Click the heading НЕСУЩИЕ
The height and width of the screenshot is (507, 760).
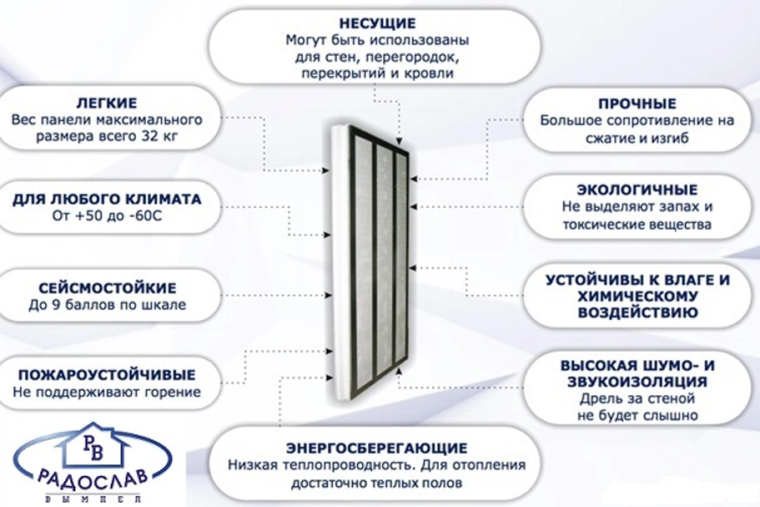click(377, 23)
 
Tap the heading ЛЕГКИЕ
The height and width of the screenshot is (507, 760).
click(107, 103)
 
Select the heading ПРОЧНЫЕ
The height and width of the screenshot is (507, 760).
click(637, 104)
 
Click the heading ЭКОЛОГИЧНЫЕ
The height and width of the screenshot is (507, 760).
click(637, 190)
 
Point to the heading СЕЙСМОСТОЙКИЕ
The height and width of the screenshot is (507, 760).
click(107, 288)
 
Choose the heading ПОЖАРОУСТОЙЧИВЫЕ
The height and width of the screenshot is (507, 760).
click(107, 374)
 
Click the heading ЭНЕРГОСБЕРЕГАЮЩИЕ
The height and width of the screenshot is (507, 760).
click(376, 448)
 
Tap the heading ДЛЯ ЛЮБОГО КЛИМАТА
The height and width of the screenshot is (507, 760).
click(107, 200)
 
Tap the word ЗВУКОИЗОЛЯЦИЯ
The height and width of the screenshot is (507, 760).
click(637, 382)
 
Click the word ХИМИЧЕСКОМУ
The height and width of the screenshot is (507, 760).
click(637, 296)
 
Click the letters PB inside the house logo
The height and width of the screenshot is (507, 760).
click(93, 448)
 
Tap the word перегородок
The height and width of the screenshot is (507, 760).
click(412, 58)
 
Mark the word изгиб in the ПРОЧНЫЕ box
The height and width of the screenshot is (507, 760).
click(672, 139)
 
